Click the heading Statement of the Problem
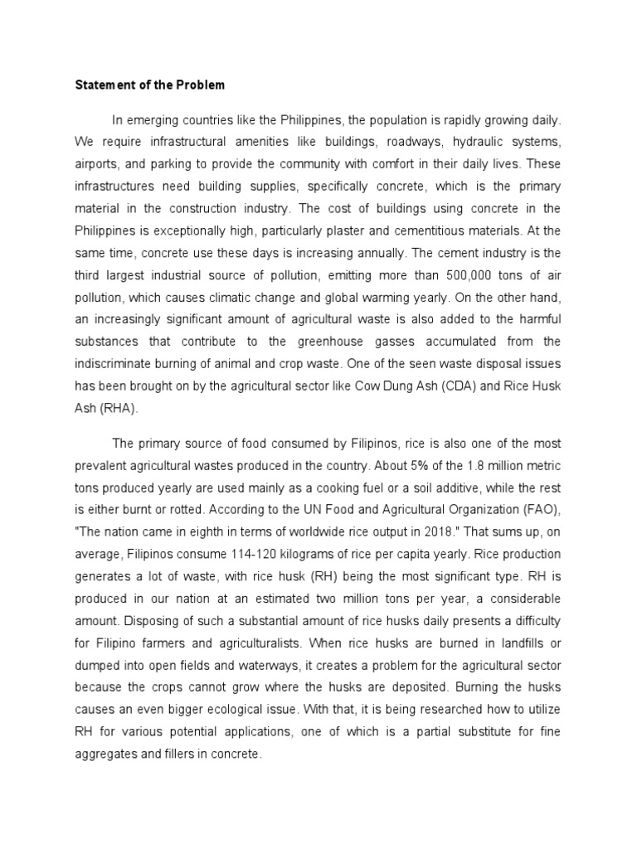(149, 85)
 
